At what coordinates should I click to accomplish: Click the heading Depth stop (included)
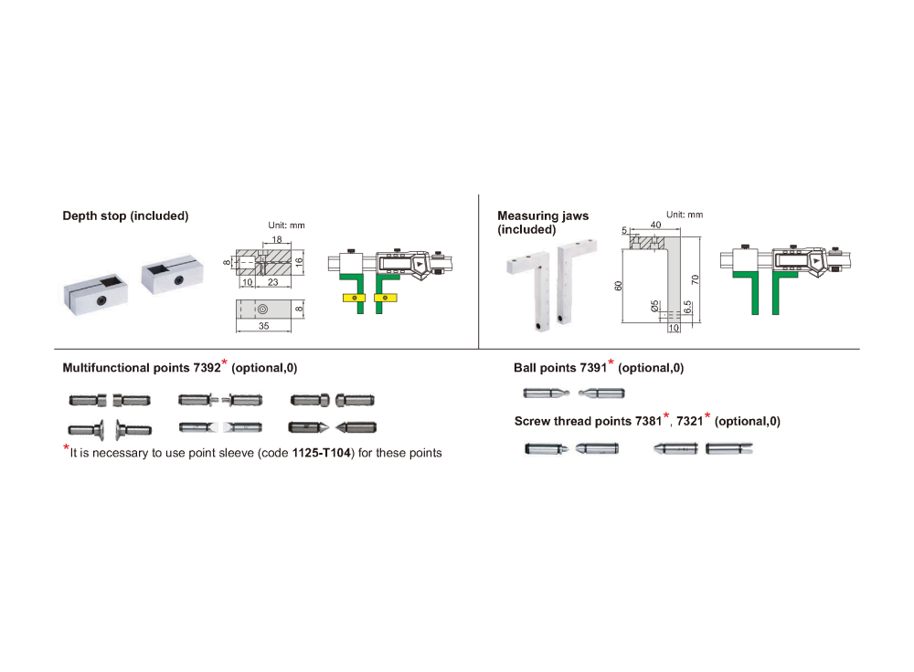point(125,216)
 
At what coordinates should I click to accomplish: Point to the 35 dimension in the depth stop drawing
point(263,326)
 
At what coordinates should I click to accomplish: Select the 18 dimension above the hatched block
point(277,239)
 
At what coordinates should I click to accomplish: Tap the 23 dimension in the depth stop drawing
point(272,282)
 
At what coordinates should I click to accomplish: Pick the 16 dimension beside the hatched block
point(299,262)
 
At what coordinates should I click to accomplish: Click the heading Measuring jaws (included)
point(543,223)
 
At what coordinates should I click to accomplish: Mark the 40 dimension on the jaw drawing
point(655,225)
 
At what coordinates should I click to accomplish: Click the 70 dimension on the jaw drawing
point(695,280)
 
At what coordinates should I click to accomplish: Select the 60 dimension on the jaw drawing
point(619,286)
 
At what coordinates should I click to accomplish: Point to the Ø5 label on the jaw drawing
point(654,306)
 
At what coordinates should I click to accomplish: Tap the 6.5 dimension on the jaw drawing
point(688,307)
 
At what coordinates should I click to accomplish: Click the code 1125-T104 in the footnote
point(322,453)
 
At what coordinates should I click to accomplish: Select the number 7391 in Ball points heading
point(593,368)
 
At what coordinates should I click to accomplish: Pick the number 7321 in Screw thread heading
point(689,422)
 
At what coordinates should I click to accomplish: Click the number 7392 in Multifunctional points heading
point(207,368)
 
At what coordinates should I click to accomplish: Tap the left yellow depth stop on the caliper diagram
point(355,299)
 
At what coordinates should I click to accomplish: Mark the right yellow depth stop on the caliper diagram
point(386,299)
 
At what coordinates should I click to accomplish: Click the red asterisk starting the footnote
point(66,447)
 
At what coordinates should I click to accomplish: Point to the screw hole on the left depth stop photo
point(101,299)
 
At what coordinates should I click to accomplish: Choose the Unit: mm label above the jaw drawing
point(685,215)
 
